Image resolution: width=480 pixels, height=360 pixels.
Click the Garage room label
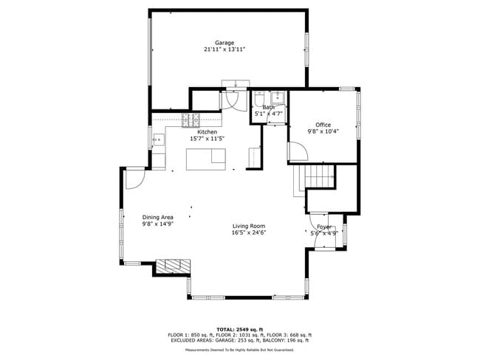point(224,43)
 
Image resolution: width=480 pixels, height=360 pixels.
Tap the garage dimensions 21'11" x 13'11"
point(224,49)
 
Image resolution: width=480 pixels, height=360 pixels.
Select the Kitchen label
point(207,132)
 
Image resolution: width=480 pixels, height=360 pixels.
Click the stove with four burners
point(191,120)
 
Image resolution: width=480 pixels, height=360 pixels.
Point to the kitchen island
point(206,159)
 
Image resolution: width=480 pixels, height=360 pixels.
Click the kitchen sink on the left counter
point(157,138)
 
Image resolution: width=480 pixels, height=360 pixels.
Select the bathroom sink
point(278,98)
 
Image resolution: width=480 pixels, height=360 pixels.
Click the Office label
point(323,125)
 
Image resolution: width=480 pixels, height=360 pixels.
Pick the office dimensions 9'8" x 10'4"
point(323,131)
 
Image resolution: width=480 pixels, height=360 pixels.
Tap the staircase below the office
point(319,177)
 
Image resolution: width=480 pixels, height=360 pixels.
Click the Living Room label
point(248,226)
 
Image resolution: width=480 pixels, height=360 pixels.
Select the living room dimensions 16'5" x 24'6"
point(248,232)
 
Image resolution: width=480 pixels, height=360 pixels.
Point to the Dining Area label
point(157,217)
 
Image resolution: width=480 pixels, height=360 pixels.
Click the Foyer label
point(323,227)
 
